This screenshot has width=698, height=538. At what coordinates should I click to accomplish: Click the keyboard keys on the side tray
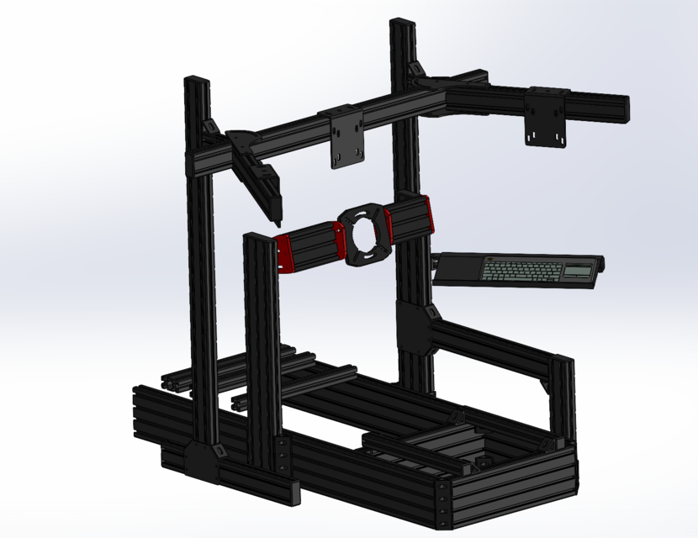tap(521, 271)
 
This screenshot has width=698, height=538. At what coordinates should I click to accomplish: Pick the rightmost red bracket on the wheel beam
tap(427, 215)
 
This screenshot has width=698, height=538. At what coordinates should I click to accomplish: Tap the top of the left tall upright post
tap(198, 81)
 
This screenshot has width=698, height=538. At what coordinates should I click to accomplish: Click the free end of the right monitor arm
tap(622, 107)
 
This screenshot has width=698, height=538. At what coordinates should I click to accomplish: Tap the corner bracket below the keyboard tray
tap(417, 328)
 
